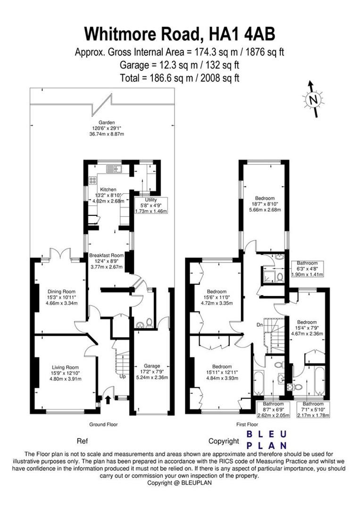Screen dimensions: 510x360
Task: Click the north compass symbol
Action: [x=312, y=99]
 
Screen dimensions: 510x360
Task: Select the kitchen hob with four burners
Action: [x=92, y=180]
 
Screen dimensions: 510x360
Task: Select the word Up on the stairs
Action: [x=123, y=377]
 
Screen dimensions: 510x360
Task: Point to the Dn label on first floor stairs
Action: [x=259, y=325]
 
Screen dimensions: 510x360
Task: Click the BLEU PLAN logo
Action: [x=267, y=440]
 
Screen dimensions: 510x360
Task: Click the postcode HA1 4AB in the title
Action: [x=240, y=34]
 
